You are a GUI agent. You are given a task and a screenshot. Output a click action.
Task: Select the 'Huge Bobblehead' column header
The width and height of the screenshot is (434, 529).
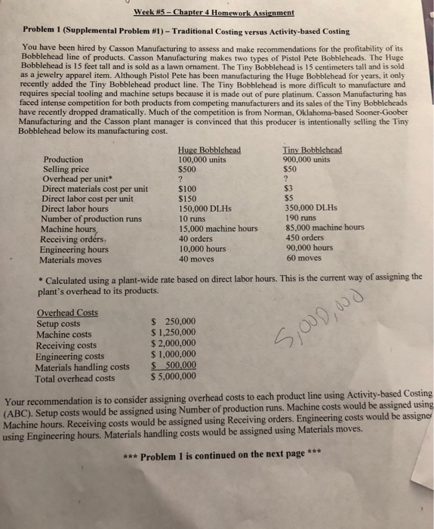coord(209,150)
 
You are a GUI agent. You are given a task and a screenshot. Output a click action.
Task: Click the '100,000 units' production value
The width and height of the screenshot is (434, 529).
coord(202,159)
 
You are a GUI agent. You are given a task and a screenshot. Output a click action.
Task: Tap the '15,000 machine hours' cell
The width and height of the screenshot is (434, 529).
coord(218,229)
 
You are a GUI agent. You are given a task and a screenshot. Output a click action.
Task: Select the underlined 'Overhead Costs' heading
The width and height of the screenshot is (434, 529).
coord(67,312)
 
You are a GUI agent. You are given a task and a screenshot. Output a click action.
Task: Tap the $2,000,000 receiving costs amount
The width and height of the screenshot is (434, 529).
coord(173,343)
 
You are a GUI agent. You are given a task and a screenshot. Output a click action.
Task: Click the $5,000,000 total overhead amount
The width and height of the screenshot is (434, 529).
coord(173,376)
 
